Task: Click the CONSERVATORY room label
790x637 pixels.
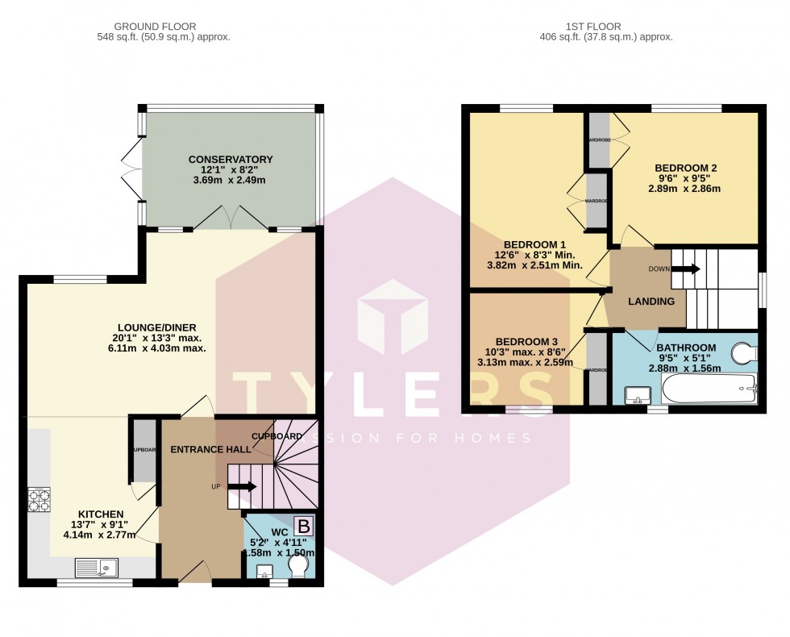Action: pyautogui.click(x=231, y=160)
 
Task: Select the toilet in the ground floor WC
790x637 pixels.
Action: pyautogui.click(x=297, y=569)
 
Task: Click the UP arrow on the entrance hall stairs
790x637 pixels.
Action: pyautogui.click(x=242, y=487)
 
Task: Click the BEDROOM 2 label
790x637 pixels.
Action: pyautogui.click(x=685, y=168)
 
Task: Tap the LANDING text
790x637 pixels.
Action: pyautogui.click(x=651, y=302)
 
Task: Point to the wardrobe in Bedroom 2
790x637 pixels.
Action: pyautogui.click(x=598, y=141)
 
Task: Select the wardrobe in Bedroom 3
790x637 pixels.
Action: pyautogui.click(x=597, y=369)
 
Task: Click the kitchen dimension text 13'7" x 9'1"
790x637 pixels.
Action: pyautogui.click(x=101, y=527)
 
